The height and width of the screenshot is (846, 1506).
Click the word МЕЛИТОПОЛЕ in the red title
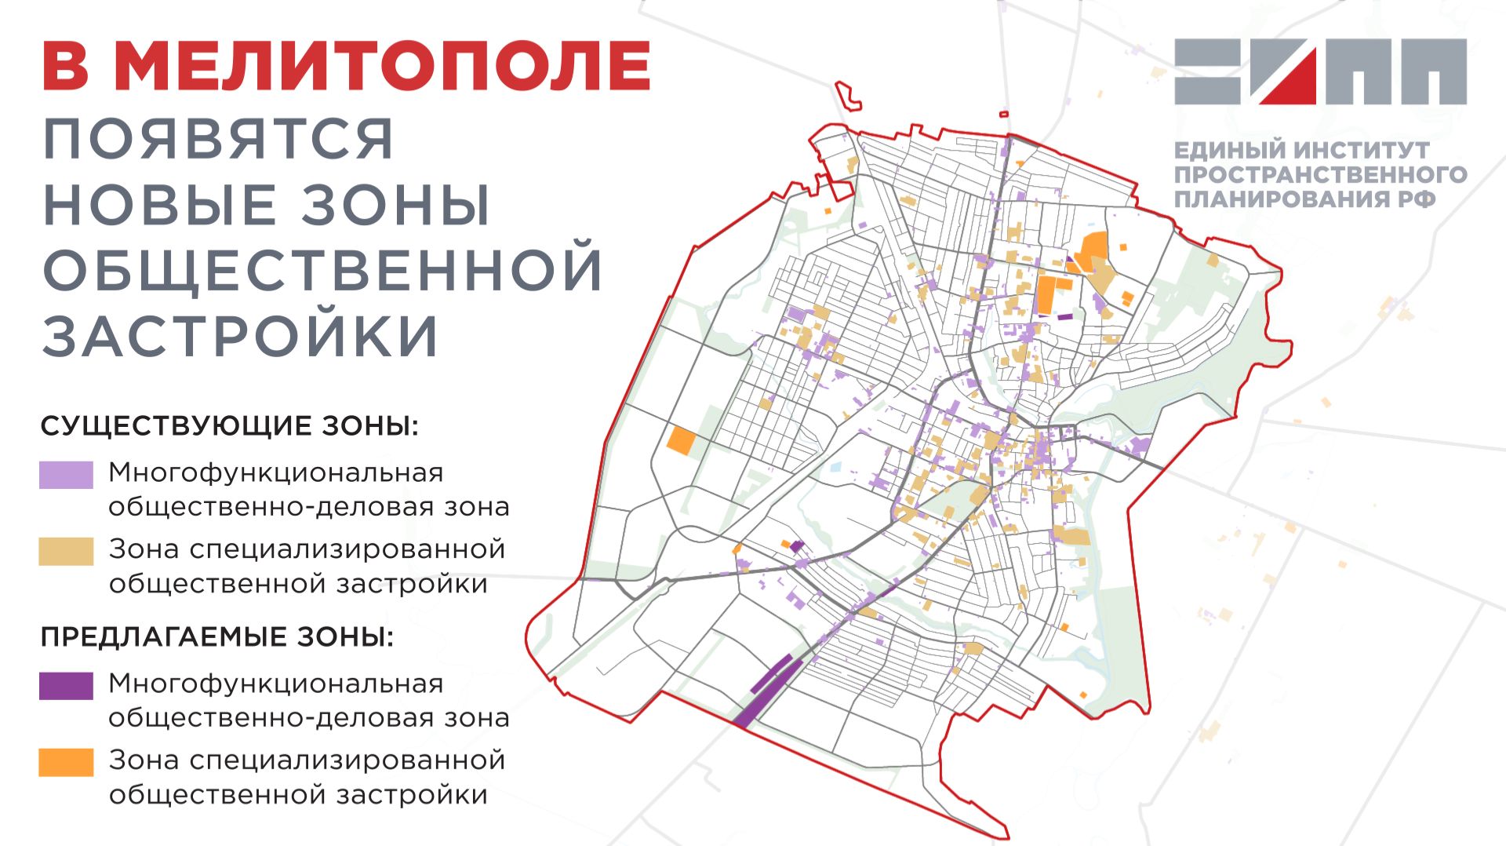tap(383, 66)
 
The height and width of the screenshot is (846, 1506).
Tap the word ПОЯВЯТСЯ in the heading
tap(218, 140)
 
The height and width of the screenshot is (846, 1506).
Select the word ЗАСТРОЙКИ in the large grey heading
tap(240, 337)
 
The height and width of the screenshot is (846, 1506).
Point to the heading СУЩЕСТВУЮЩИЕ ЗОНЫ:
tap(229, 426)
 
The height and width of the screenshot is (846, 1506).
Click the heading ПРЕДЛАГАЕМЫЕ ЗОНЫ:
tap(216, 636)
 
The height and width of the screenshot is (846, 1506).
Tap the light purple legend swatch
tap(66, 475)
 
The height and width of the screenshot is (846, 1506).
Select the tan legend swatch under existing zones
tap(66, 551)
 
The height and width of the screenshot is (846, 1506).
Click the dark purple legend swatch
tap(66, 685)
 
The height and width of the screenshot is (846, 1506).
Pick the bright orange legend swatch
tap(66, 761)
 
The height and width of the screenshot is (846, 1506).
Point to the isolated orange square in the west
tap(681, 441)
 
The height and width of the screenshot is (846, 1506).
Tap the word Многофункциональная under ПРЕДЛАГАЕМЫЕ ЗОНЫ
tap(276, 684)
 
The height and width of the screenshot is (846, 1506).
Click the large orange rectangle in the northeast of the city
tap(1046, 294)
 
